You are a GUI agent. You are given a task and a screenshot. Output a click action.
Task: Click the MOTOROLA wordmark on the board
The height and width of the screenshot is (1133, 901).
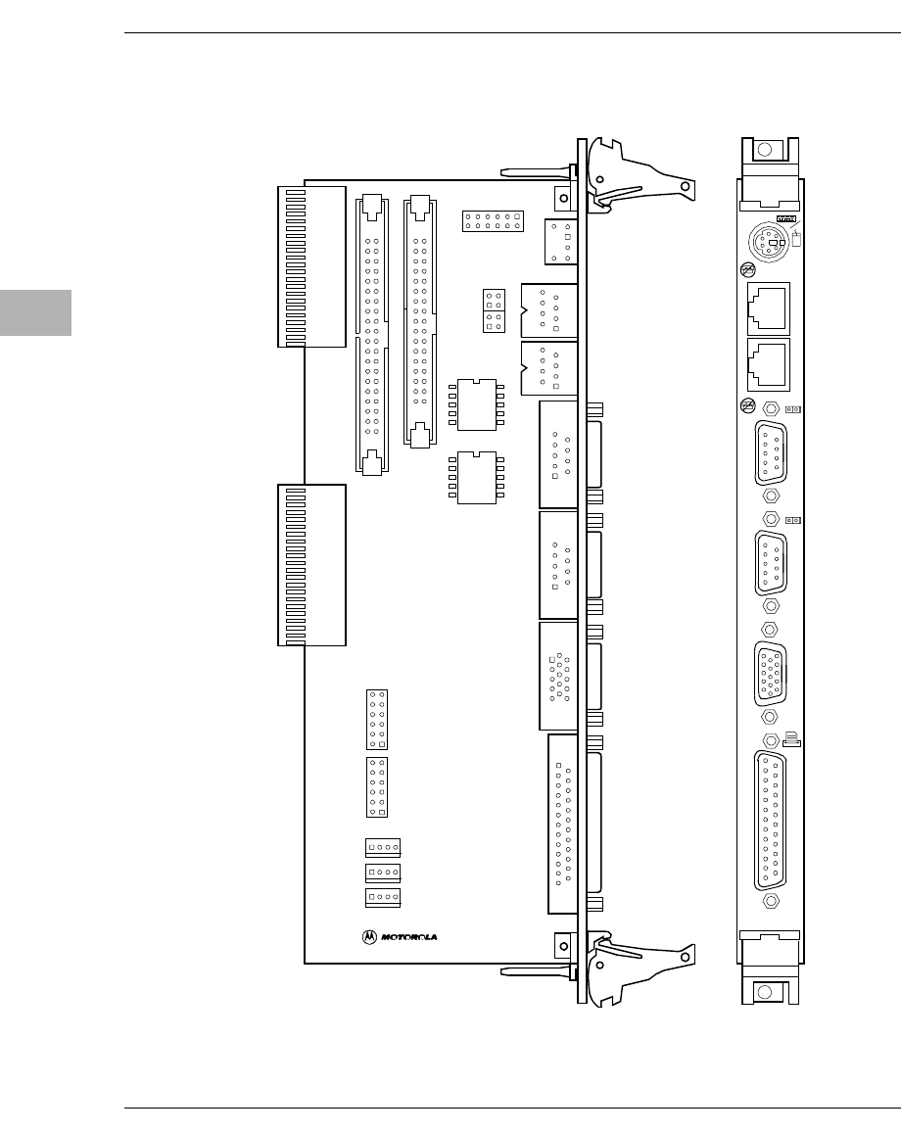[408, 936]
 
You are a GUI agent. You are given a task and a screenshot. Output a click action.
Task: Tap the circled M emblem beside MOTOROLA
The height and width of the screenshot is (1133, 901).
[369, 936]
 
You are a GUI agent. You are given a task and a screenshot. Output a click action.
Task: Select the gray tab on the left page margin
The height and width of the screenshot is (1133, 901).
[35, 312]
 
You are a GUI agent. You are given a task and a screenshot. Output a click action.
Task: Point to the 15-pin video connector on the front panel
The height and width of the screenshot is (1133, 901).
[771, 672]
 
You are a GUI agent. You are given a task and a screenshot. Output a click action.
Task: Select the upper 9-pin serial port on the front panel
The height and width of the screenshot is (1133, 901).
[771, 451]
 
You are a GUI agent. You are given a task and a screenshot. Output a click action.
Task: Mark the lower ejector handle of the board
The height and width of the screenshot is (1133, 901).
[641, 964]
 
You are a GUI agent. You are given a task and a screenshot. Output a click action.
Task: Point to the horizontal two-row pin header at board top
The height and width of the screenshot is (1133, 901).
[495, 219]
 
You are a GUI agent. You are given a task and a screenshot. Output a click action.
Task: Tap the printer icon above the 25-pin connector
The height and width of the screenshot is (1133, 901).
[790, 737]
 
